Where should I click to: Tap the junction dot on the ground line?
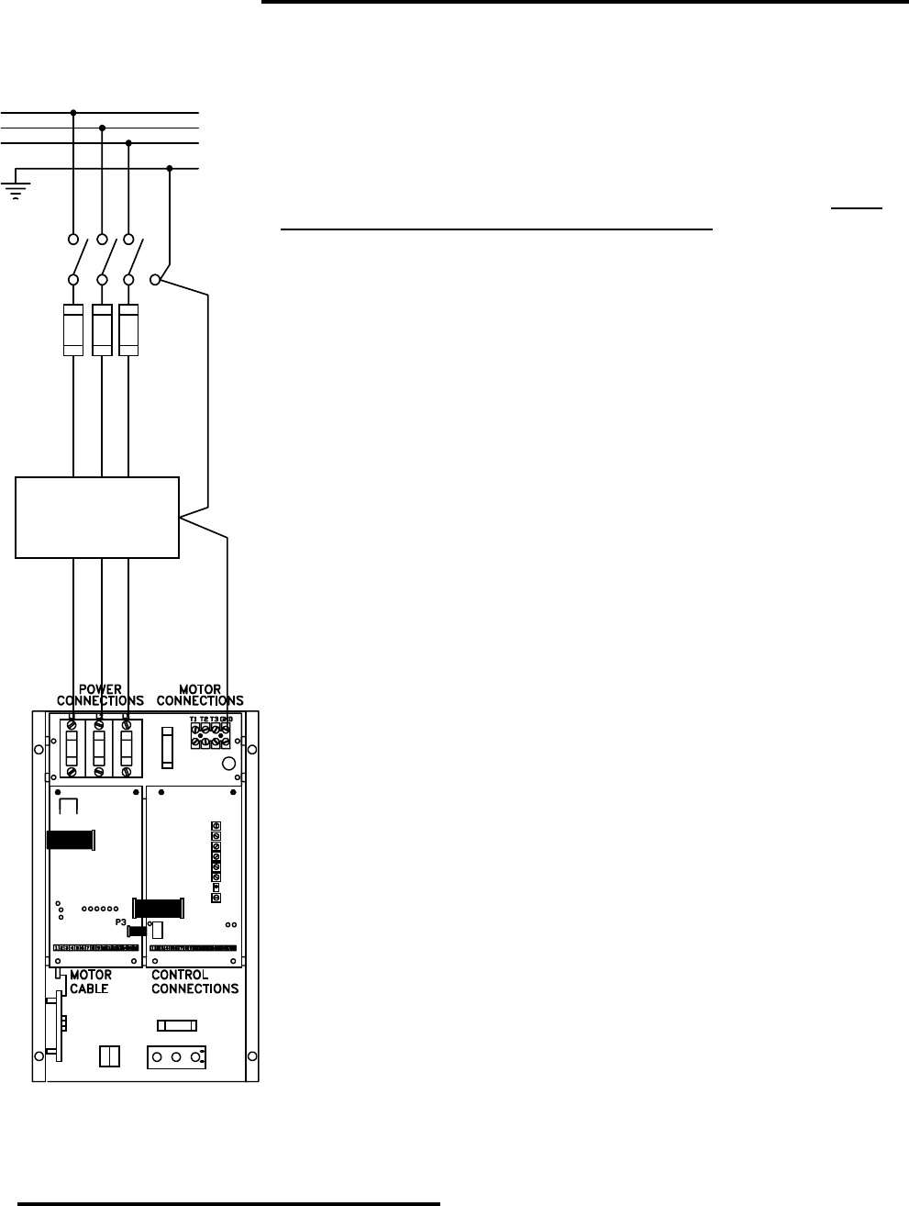(171, 168)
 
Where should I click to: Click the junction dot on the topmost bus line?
(73, 113)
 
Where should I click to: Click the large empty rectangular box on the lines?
(97, 517)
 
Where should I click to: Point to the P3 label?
(120, 921)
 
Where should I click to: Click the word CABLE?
(90, 988)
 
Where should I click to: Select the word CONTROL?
(180, 975)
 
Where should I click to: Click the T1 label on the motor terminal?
(194, 719)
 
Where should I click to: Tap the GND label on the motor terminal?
(225, 719)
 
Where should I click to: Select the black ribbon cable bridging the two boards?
(159, 908)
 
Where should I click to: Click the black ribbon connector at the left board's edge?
(71, 841)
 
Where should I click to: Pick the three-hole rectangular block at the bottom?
(175, 1057)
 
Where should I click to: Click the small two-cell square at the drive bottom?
(107, 1056)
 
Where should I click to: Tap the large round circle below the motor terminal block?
(231, 763)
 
